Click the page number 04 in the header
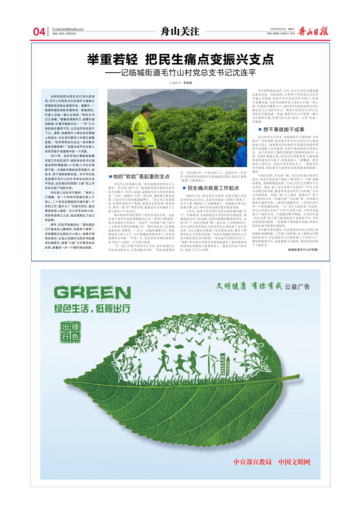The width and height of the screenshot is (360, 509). (39, 32)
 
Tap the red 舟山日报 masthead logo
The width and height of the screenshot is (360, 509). (314, 31)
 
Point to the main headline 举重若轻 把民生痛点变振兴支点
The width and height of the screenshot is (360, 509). (180, 59)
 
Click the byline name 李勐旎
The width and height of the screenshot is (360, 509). (187, 82)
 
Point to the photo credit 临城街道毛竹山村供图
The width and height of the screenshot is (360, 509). (303, 249)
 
